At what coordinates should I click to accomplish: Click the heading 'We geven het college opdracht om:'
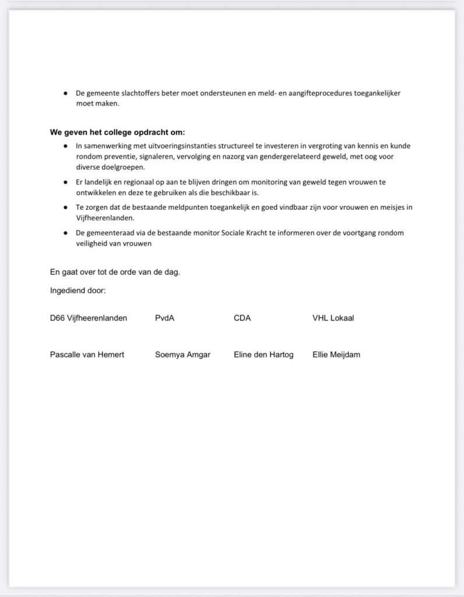[x=117, y=132]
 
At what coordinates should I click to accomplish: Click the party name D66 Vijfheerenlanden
[x=88, y=318]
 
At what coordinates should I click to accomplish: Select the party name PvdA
[x=165, y=318]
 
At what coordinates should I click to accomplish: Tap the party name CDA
[x=242, y=318]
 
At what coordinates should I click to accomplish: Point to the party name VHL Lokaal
[x=333, y=318]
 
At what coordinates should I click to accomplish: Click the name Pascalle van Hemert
[x=87, y=354]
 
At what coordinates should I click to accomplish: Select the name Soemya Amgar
[x=183, y=354]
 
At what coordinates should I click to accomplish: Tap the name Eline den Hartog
[x=263, y=354]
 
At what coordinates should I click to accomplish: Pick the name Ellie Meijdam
[x=336, y=354]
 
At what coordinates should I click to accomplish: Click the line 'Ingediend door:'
[x=78, y=290]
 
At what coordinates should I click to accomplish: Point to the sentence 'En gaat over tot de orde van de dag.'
[x=115, y=272]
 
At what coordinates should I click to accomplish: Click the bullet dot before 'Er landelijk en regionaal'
[x=66, y=182]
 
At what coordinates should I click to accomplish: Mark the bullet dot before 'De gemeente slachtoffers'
[x=66, y=93]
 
